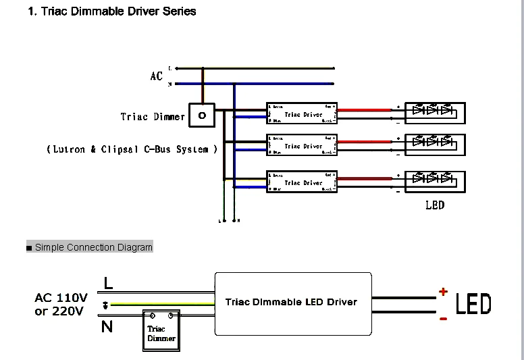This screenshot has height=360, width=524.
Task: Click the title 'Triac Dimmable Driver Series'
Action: coord(112,11)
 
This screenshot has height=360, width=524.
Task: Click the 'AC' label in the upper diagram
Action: coord(157,76)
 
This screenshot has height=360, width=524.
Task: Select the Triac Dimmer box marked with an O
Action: coord(202,115)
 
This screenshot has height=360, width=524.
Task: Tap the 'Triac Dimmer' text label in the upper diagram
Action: coord(153,117)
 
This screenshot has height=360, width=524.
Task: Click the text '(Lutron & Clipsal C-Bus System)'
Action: coord(132,149)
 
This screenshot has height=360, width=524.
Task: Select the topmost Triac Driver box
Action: coord(302,113)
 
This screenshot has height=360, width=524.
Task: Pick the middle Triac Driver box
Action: coord(302,145)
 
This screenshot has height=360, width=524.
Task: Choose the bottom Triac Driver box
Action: coord(302,182)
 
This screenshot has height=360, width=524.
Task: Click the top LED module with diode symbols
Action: coord(435,111)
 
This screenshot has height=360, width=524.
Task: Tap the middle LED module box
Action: coord(435,143)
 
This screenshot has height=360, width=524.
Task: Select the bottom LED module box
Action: coord(435,180)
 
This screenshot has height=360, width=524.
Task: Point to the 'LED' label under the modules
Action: coord(435,205)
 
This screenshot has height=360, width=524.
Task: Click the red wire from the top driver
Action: coord(365,108)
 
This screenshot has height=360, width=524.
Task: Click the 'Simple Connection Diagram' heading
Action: coord(93,247)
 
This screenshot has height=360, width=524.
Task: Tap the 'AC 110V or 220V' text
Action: coord(61,305)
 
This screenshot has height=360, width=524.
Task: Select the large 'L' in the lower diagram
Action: coord(108,284)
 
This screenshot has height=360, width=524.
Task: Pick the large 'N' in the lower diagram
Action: coord(107,328)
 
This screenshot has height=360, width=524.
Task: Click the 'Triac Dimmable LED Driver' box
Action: coord(292,303)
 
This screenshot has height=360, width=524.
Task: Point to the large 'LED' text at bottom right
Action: coord(473,305)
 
